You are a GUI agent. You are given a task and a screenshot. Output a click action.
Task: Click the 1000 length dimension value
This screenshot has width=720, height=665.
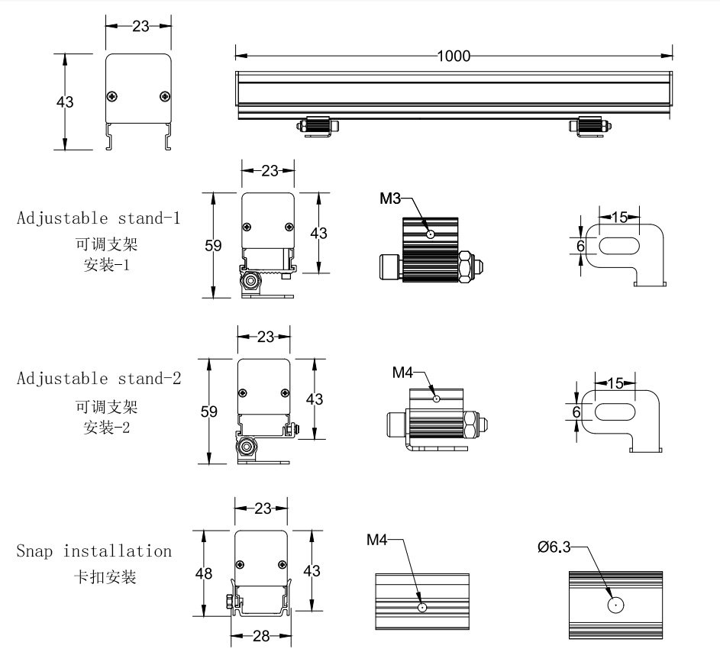tap(454, 56)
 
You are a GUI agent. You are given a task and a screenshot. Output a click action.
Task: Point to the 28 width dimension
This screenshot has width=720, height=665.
tap(261, 635)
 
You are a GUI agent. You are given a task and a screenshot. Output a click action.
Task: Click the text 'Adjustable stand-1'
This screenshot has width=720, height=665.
tap(98, 218)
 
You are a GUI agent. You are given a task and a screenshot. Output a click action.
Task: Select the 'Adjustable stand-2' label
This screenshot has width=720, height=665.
tap(98, 378)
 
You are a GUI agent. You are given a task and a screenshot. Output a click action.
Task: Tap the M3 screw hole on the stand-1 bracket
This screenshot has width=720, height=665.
tap(431, 234)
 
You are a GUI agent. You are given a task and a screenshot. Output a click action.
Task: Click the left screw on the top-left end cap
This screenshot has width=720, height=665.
tap(113, 95)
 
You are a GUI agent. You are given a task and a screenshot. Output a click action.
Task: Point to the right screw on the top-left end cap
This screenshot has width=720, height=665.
tap(165, 95)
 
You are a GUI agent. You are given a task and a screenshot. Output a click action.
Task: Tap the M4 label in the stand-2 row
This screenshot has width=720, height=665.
tap(402, 373)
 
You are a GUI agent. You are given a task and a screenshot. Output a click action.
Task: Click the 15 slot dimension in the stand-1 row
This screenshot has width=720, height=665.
tap(619, 218)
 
